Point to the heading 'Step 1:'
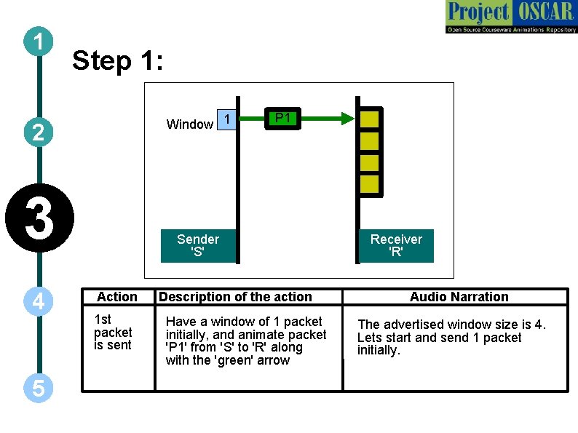click(x=118, y=61)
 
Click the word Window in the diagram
click(x=189, y=124)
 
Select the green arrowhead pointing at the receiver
click(x=347, y=118)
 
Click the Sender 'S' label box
click(x=198, y=245)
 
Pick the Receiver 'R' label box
click(x=396, y=245)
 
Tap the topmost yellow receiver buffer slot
click(x=370, y=118)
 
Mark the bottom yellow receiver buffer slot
click(x=370, y=183)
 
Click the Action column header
click(x=117, y=296)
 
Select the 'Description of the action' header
click(x=235, y=296)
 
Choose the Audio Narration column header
click(x=459, y=296)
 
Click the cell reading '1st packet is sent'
click(x=113, y=333)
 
